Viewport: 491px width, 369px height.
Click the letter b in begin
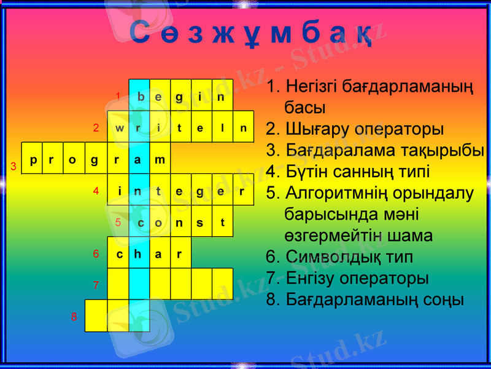(141, 97)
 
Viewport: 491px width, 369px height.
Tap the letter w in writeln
(118, 129)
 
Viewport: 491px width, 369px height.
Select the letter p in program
(33, 160)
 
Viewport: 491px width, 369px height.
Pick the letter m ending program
(160, 160)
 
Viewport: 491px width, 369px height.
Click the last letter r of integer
(242, 191)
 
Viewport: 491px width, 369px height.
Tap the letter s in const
(200, 223)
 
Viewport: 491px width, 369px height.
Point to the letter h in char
(139, 254)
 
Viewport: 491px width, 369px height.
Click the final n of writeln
(243, 129)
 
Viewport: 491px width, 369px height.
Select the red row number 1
(118, 96)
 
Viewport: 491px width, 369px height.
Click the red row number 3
(13, 167)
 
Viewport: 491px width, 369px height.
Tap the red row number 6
(96, 253)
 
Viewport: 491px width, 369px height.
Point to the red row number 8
(74, 317)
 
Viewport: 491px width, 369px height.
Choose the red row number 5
(118, 223)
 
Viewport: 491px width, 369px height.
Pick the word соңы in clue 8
(442, 300)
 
